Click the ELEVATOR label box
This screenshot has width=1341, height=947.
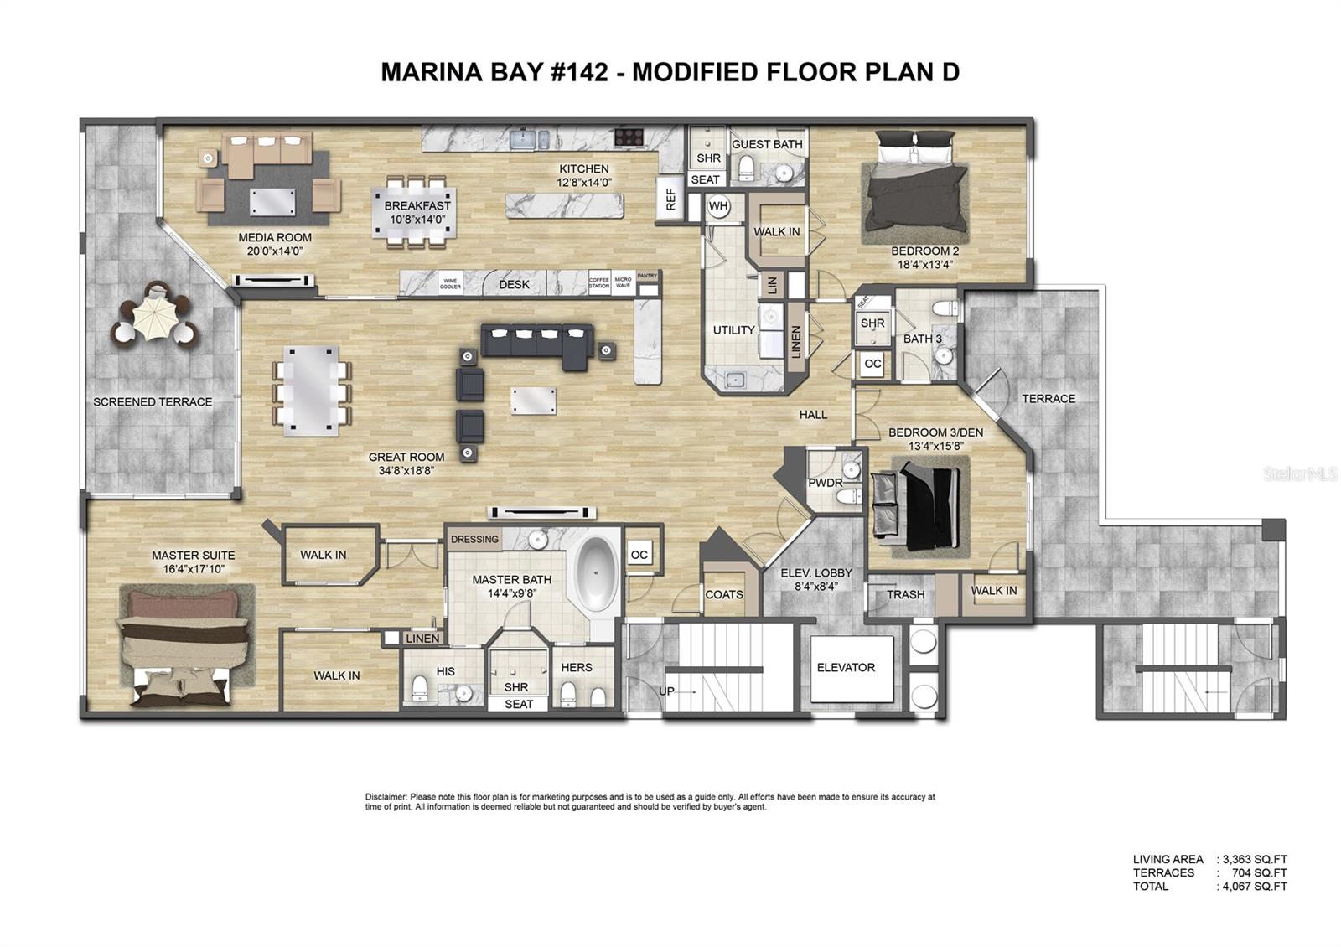click(846, 668)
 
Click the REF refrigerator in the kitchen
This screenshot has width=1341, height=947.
click(670, 199)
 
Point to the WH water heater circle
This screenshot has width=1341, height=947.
click(718, 206)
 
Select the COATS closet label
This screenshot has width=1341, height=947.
click(724, 594)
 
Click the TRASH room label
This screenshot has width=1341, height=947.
click(905, 594)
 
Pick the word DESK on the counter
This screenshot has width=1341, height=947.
click(514, 284)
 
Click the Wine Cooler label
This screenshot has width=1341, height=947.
click(451, 283)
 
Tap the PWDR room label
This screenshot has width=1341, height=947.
click(825, 483)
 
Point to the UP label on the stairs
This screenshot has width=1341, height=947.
click(666, 691)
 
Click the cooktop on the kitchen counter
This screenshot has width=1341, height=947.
click(629, 137)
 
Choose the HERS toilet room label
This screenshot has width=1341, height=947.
click(576, 668)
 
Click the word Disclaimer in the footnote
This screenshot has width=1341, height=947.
click(386, 797)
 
